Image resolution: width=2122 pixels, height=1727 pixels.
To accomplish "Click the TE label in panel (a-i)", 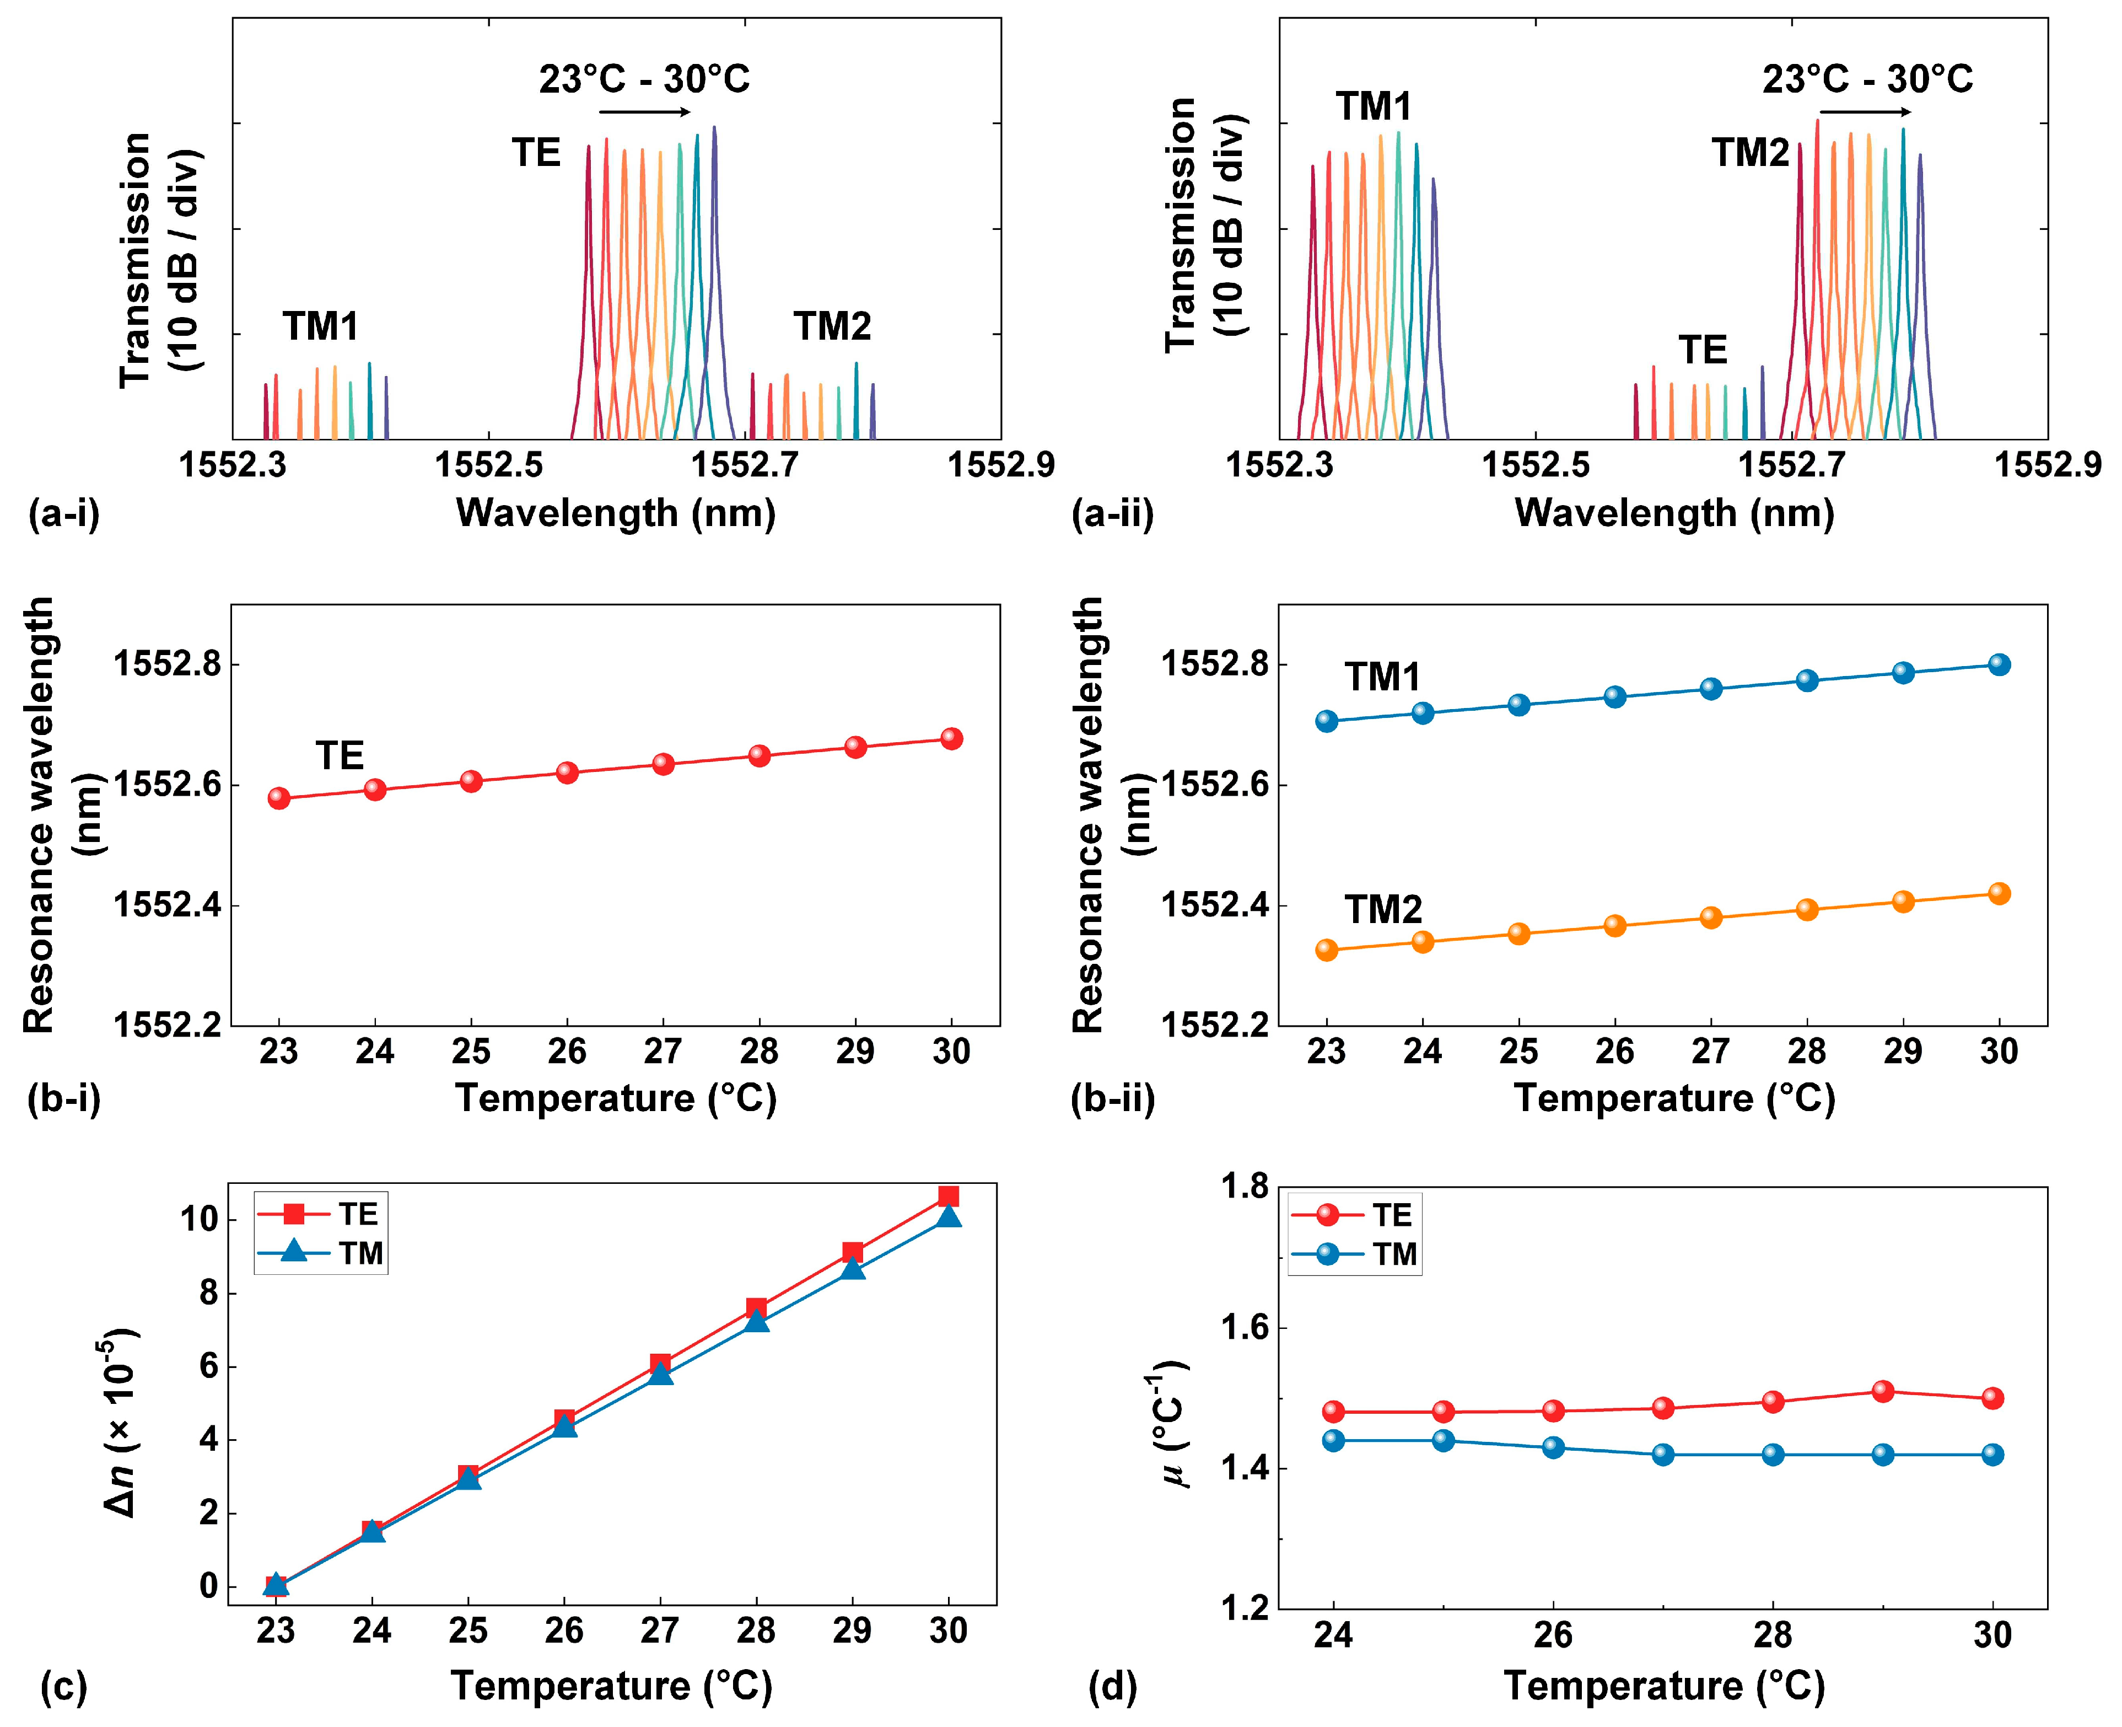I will [536, 153].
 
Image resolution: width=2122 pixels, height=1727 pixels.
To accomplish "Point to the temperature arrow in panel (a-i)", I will [644, 112].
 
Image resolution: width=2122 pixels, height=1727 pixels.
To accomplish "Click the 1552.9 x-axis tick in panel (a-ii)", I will [2048, 465].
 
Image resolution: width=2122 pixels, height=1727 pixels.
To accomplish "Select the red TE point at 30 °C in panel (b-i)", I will [951, 738].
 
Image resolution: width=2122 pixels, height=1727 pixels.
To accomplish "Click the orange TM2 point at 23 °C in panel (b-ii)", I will [1327, 950].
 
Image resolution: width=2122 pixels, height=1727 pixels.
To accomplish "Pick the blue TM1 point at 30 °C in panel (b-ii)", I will [1999, 664].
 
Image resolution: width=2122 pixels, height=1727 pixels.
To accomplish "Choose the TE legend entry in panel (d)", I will [1353, 1215].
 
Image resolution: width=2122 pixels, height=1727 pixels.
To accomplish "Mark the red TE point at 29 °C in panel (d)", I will [1882, 1391].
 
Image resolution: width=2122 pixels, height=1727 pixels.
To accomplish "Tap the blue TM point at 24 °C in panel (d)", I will [1333, 1440].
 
